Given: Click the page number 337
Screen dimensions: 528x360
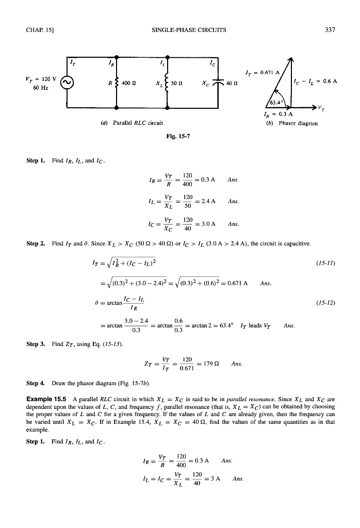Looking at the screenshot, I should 330,29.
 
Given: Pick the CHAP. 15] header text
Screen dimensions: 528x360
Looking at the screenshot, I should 38,29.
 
